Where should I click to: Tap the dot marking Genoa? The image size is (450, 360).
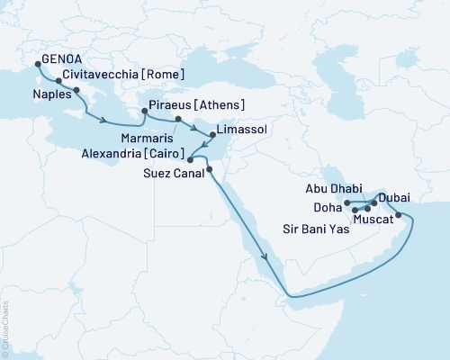(37, 63)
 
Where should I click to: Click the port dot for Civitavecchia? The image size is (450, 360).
(58, 81)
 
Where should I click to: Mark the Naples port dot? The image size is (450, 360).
(76, 91)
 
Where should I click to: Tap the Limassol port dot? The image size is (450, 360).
(212, 134)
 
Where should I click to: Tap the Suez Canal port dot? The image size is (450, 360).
(209, 169)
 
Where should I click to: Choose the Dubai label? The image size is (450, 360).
(396, 197)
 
